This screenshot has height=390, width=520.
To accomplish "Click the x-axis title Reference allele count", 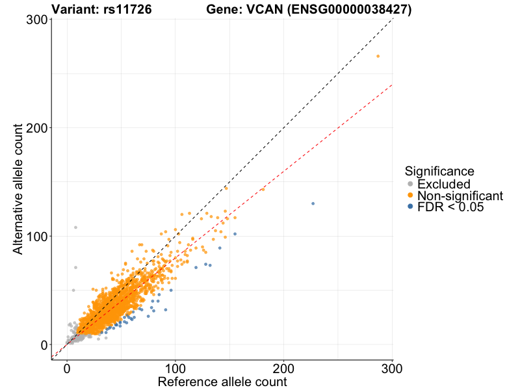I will pyautogui.click(x=222, y=382).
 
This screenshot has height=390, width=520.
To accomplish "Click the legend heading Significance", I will pyautogui.click(x=439, y=172).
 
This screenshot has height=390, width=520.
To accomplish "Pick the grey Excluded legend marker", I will pyautogui.click(x=410, y=185).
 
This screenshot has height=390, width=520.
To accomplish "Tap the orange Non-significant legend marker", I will pyautogui.click(x=410, y=196).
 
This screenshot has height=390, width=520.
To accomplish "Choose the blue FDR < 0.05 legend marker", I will pyautogui.click(x=410, y=207).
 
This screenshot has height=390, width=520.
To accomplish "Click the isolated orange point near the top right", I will pyautogui.click(x=378, y=57).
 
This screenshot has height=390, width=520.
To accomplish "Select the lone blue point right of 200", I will pyautogui.click(x=313, y=203).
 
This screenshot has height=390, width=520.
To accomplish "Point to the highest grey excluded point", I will pyautogui.click(x=75, y=227).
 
